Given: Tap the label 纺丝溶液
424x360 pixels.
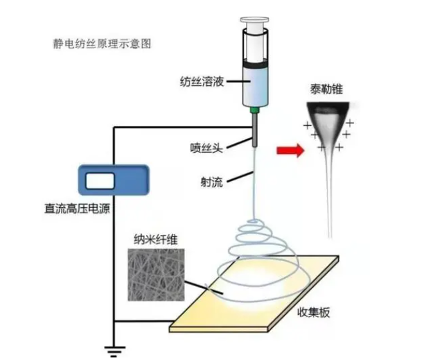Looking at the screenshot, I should tap(201, 82).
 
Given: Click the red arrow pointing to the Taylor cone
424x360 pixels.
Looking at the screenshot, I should tap(288, 150).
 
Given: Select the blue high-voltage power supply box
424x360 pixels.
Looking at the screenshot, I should tap(112, 181).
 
